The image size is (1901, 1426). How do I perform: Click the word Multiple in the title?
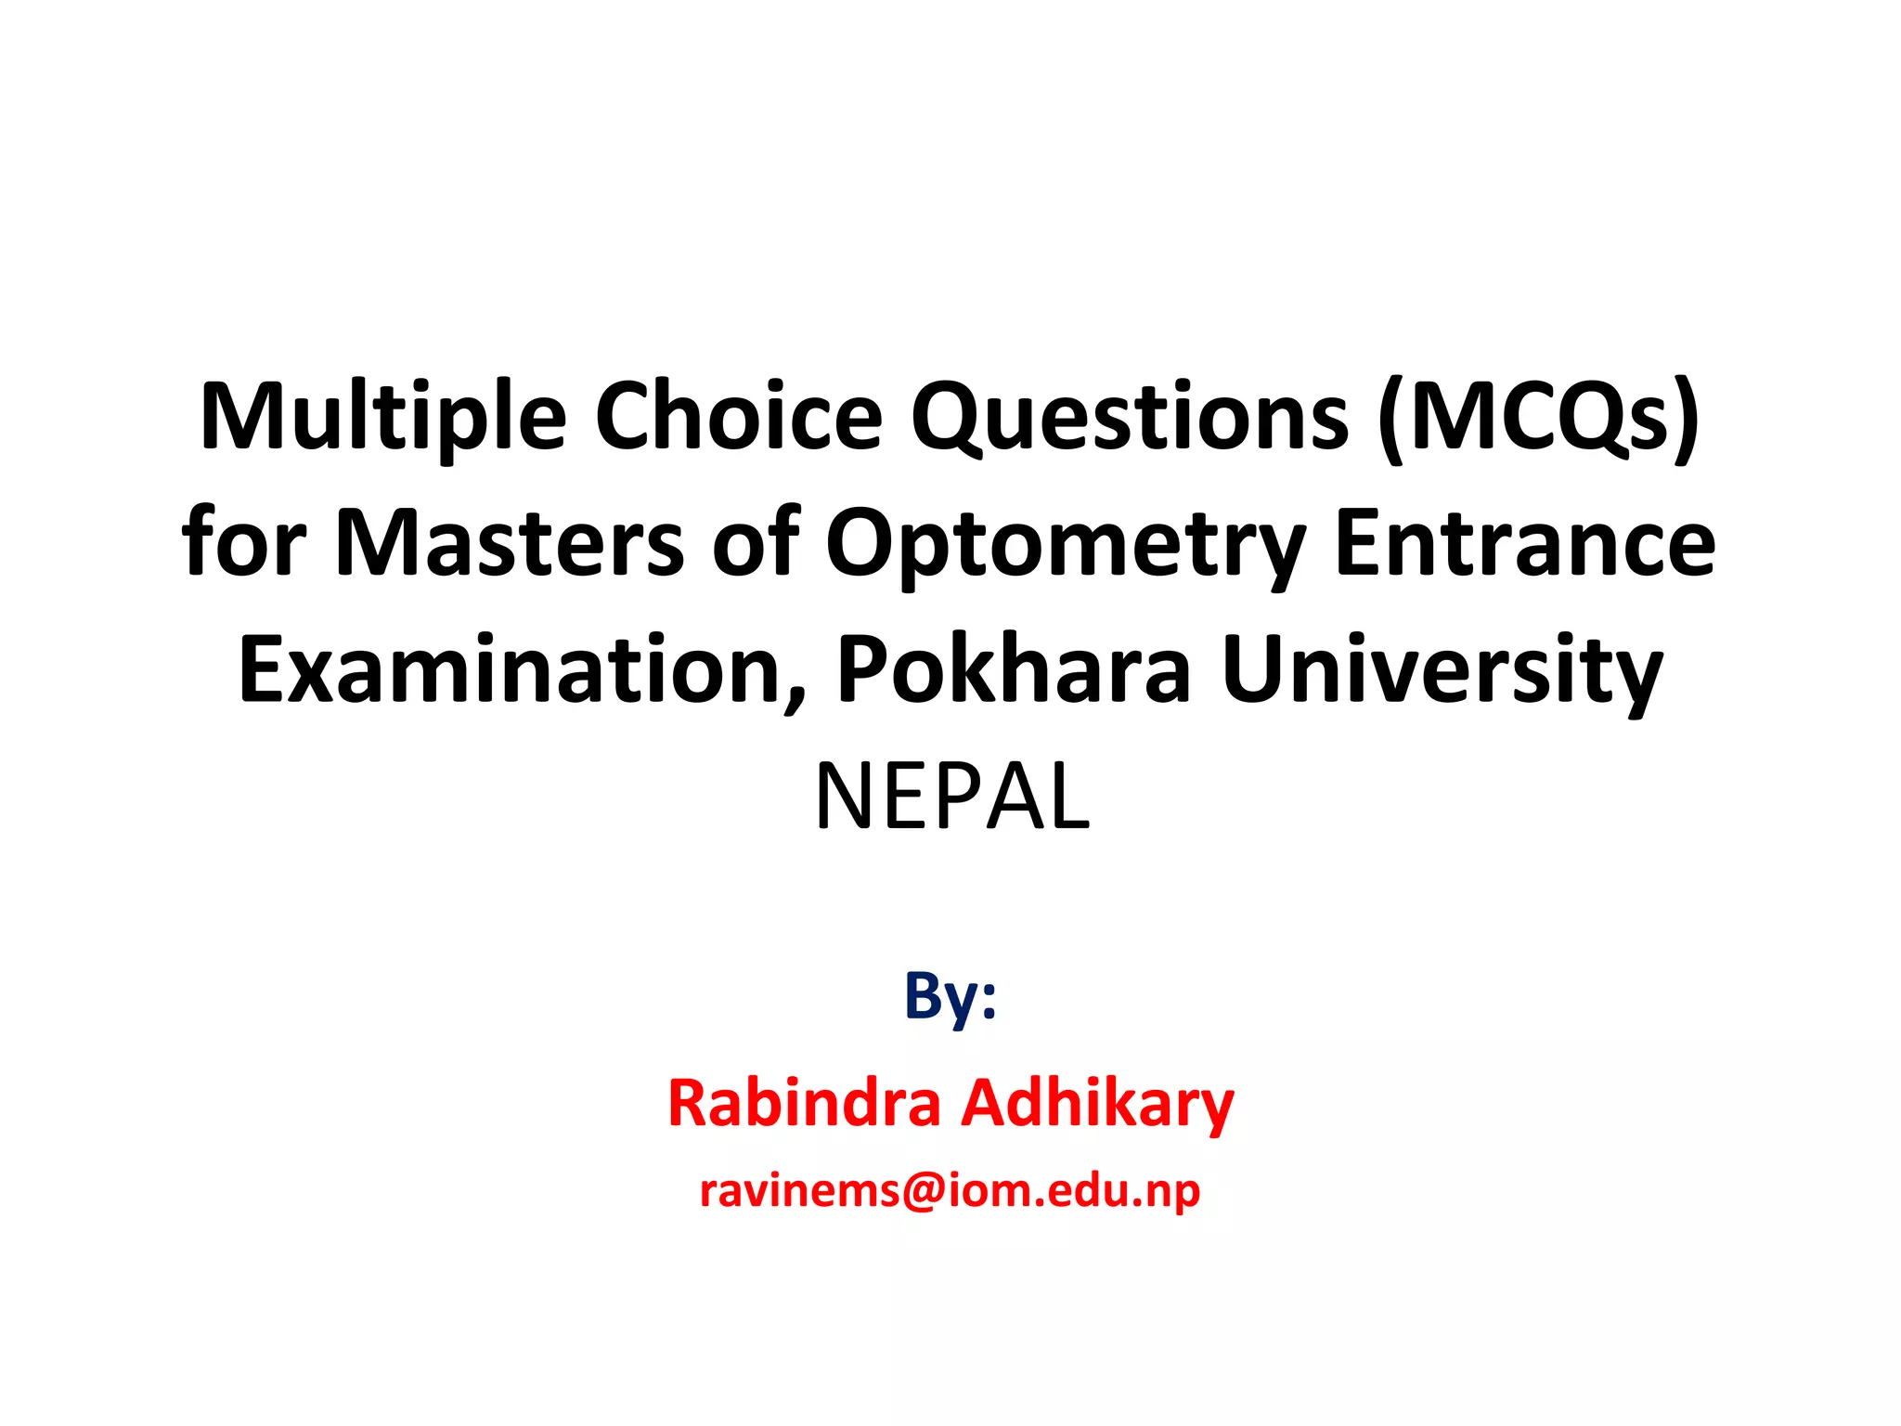[x=382, y=418]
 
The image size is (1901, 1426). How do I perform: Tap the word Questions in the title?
[x=1129, y=418]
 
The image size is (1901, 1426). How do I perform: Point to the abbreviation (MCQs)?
[x=1538, y=418]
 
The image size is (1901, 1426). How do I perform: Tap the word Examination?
[x=511, y=669]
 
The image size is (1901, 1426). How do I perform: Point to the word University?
[x=1442, y=671]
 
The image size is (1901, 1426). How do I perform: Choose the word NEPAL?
[x=951, y=797]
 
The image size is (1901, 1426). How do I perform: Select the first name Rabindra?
[x=804, y=1104]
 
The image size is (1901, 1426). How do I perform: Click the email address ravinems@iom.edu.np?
[x=950, y=1191]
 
